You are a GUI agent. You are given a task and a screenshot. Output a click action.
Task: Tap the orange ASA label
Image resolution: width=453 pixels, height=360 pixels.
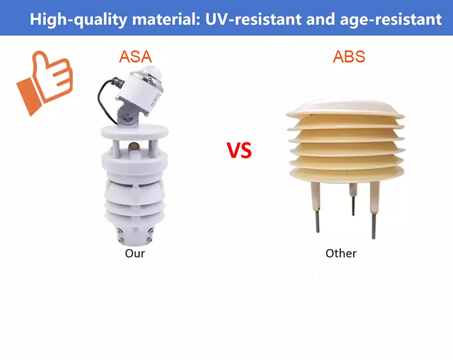click(135, 57)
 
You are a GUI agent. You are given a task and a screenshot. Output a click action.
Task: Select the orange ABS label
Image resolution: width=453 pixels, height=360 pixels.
click(349, 57)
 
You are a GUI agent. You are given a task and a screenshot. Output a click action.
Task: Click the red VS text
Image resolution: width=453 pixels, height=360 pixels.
click(239, 150)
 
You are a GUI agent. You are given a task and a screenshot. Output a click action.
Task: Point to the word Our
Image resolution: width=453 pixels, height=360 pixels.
click(135, 253)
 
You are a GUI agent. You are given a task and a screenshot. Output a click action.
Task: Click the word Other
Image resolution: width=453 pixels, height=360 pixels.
click(341, 253)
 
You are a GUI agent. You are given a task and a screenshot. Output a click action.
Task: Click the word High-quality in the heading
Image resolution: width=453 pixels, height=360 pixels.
click(78, 19)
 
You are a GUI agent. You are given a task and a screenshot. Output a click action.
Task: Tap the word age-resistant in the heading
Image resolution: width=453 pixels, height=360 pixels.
click(391, 19)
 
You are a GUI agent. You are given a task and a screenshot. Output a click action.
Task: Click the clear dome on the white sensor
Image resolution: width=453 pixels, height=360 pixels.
click(150, 71)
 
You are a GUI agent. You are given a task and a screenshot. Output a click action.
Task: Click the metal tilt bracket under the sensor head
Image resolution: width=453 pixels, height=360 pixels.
click(127, 115)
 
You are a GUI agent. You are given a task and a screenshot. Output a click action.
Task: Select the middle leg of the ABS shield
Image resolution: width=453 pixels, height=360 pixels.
click(353, 199)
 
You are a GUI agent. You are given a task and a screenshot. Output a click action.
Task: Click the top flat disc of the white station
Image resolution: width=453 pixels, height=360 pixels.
click(135, 132)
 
